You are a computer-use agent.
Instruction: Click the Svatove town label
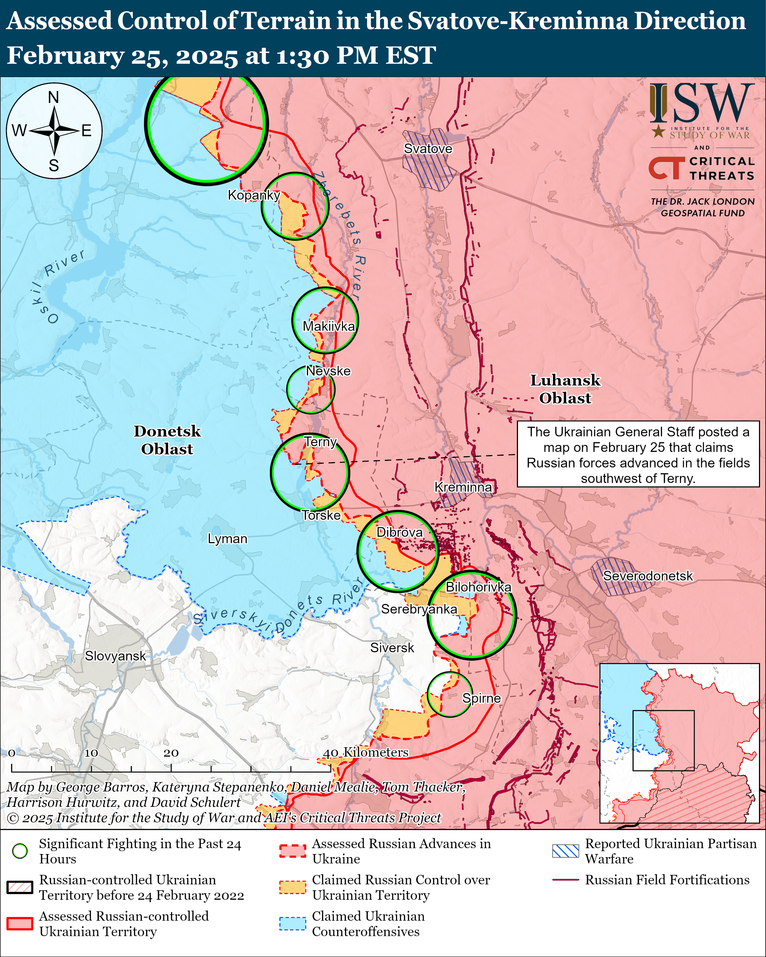[x=428, y=149]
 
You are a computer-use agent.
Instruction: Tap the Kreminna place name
[x=463, y=487]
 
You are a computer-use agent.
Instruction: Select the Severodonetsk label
[x=647, y=576]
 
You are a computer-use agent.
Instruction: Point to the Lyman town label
[x=227, y=538]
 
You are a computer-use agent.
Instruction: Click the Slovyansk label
[x=115, y=656]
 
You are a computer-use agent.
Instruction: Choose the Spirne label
[x=481, y=698]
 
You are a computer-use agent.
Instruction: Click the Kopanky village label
[x=253, y=195]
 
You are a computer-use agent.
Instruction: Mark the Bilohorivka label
[x=478, y=587]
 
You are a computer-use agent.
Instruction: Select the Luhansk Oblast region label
[x=565, y=389]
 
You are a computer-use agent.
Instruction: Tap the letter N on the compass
[x=54, y=97]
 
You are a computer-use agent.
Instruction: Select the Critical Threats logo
[x=702, y=168]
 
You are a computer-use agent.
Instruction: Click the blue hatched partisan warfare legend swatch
[x=565, y=851]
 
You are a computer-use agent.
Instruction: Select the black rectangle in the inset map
[x=663, y=740]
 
